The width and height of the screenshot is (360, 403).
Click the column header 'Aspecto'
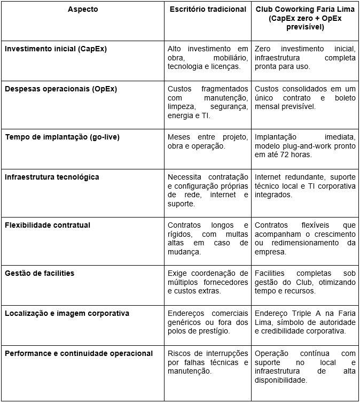(83, 10)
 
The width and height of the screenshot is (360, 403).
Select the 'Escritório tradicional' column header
(208, 10)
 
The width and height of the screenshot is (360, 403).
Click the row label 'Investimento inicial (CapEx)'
(56, 49)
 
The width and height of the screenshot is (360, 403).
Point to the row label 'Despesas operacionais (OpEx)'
(61, 89)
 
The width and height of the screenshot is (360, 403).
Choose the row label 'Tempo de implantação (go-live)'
(62, 137)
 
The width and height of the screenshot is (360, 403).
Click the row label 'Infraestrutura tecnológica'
(52, 177)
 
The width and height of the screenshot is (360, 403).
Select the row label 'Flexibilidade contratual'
(48, 225)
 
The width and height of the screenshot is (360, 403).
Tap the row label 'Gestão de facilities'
(40, 273)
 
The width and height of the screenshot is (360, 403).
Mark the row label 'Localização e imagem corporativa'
(67, 313)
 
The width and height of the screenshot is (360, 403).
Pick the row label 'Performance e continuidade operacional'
(79, 353)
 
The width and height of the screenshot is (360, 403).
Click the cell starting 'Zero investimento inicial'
(305, 57)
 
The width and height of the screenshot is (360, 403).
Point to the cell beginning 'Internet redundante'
(305, 185)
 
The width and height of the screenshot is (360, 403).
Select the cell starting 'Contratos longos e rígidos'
(208, 238)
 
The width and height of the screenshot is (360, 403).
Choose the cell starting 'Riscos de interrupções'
(208, 362)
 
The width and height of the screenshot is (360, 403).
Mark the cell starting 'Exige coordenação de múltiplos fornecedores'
(208, 282)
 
